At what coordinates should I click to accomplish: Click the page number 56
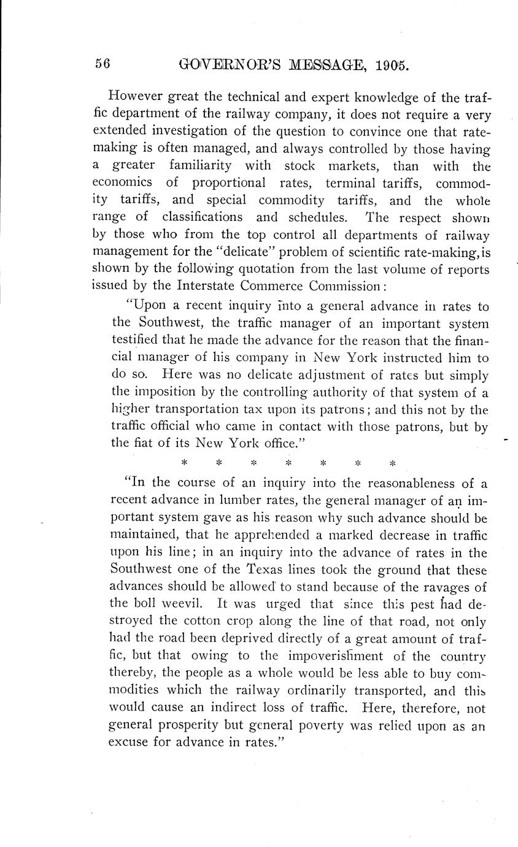click(102, 64)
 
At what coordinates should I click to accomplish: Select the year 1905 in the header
click(391, 64)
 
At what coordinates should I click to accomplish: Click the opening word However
click(133, 96)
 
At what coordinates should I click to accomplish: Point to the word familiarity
click(197, 166)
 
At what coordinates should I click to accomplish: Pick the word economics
click(122, 183)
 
